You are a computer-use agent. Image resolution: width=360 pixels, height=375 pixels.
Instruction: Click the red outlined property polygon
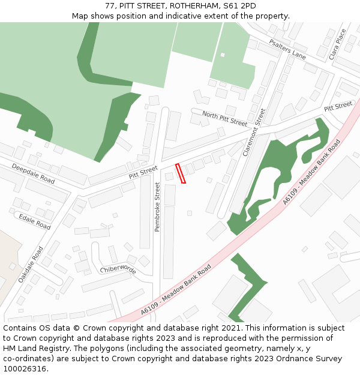181,173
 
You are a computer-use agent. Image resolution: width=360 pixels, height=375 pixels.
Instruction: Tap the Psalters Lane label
287,49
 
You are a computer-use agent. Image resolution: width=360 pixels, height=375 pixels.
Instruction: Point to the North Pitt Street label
224,118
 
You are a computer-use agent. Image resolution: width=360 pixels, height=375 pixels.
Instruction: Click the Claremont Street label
254,133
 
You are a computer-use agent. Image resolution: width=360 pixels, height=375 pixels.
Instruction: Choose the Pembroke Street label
158,208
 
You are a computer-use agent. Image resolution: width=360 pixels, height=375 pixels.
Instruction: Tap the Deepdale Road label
33,173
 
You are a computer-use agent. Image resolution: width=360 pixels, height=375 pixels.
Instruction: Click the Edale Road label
35,221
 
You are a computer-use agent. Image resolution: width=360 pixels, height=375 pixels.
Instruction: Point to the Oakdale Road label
31,264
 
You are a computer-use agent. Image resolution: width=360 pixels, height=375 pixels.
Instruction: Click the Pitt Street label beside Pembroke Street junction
143,172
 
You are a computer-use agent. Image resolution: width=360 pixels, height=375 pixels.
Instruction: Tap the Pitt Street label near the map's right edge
338,107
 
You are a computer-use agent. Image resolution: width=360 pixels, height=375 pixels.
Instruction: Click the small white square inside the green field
223,55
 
